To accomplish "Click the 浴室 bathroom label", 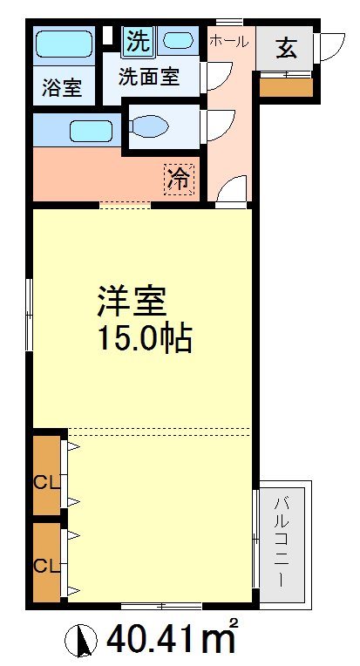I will (x=61, y=88).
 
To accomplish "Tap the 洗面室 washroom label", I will (x=149, y=77).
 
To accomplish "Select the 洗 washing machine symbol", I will (x=137, y=40).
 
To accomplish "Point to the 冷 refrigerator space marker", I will (x=179, y=180).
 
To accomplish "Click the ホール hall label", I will (x=229, y=41).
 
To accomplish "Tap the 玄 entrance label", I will (x=285, y=48).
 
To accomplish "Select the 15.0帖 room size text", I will (x=145, y=337).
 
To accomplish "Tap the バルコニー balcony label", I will (x=283, y=540).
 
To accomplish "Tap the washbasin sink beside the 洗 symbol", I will (x=179, y=40).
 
